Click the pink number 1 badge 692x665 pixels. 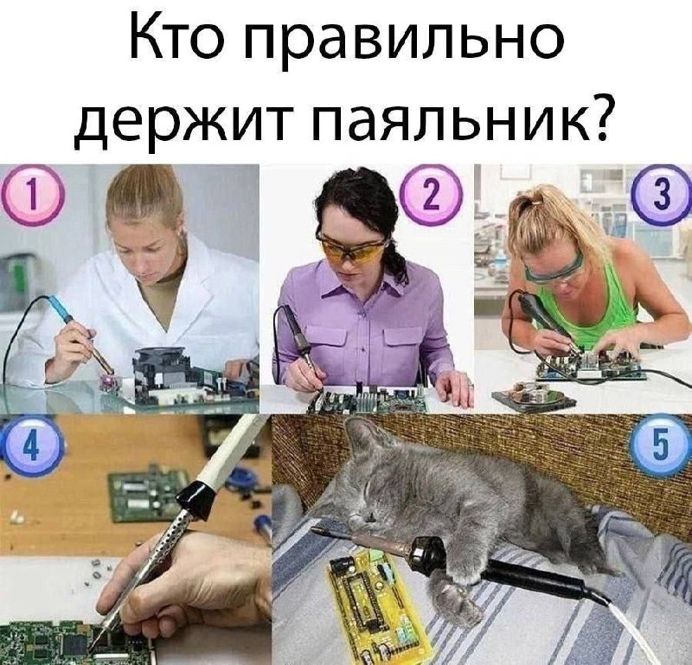pyautogui.click(x=34, y=196)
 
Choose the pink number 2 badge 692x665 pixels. pyautogui.click(x=431, y=195)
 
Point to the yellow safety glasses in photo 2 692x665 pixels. pyautogui.click(x=351, y=248)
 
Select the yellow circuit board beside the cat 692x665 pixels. pyautogui.click(x=378, y=607)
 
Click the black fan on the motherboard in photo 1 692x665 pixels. pyautogui.click(x=160, y=358)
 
